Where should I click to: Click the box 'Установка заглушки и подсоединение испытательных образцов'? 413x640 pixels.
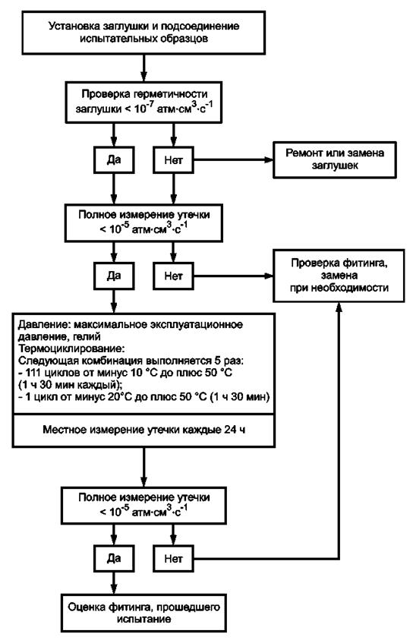pos(143,33)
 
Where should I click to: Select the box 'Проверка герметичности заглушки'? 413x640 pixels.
pos(143,102)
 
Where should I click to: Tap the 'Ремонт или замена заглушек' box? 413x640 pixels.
pos(335,159)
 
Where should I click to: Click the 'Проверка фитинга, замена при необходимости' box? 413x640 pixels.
pos(339,276)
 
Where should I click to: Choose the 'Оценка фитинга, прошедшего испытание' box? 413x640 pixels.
pos(143,613)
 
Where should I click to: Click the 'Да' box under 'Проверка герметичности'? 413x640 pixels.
pos(114,159)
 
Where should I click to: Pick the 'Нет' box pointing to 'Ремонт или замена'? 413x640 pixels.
pos(173,159)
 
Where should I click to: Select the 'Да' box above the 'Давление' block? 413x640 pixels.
pos(114,276)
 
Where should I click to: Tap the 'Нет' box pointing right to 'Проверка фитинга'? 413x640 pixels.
pos(173,276)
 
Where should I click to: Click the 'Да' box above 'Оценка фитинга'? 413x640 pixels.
pos(114,558)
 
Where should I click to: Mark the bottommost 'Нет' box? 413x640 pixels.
pos(173,558)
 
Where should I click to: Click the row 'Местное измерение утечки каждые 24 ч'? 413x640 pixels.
pos(143,430)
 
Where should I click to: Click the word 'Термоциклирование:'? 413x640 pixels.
pos(71,349)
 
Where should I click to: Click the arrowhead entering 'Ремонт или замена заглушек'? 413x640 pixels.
pos(268,159)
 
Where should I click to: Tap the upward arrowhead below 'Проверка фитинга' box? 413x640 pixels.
pos(339,307)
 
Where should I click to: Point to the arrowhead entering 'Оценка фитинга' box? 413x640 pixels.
pos(114,589)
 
